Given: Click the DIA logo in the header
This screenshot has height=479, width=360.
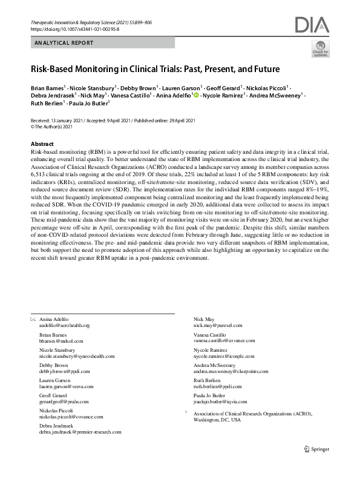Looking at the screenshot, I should [312, 25].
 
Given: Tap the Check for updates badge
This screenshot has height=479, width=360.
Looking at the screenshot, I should [321, 48].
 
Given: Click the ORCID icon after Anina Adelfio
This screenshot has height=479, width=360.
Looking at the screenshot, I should [196, 96].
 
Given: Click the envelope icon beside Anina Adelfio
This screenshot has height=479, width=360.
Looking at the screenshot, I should [33, 319].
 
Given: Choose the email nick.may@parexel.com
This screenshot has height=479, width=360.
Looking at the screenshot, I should [217, 325].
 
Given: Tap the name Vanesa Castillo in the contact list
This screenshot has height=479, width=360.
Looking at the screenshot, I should [209, 334].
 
